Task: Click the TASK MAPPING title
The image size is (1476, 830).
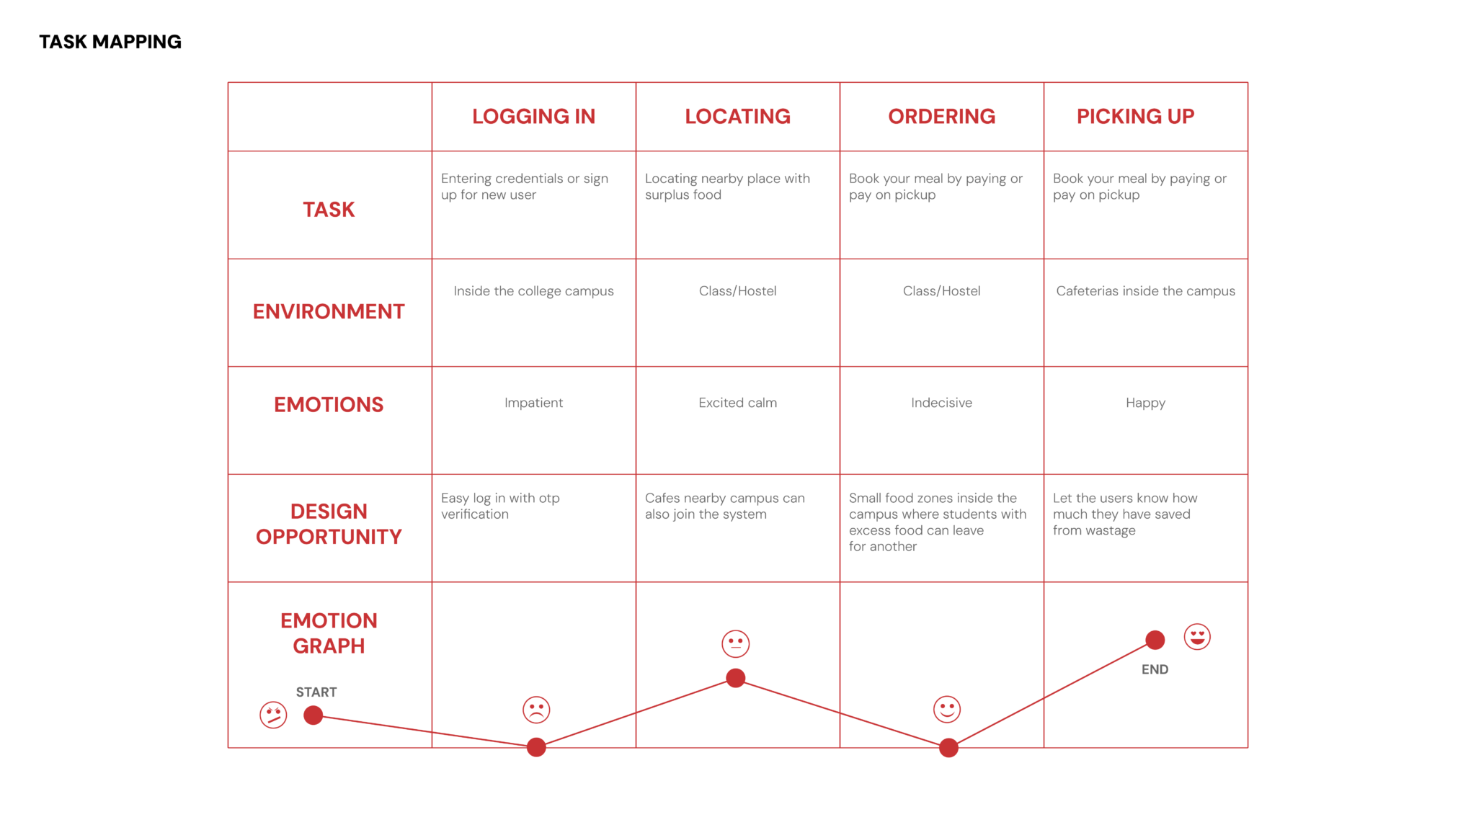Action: (110, 42)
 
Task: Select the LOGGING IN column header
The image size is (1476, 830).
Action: (533, 116)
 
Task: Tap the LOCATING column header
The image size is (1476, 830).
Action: (737, 116)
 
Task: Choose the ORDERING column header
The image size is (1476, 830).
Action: (941, 116)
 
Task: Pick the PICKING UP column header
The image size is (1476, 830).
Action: (1135, 116)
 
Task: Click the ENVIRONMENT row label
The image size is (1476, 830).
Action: (329, 311)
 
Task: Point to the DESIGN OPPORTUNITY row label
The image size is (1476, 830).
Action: (329, 524)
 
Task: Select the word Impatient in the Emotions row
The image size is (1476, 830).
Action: (533, 403)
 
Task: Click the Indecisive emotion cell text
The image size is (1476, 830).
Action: (941, 403)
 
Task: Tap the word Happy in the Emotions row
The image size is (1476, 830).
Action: (1145, 403)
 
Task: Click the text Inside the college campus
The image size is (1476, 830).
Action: (533, 291)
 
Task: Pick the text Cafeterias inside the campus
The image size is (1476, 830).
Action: (1145, 291)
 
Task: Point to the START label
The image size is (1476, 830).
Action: (316, 692)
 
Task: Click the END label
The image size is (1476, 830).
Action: (1155, 669)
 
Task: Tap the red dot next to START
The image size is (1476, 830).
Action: (313, 715)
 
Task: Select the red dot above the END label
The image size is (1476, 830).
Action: (1155, 640)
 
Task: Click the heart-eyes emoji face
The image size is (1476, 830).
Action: (1197, 637)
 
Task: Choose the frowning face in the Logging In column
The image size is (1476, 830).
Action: (536, 710)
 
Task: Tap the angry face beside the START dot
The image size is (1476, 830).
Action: (273, 715)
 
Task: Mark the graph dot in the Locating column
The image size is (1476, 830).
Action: (735, 678)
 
